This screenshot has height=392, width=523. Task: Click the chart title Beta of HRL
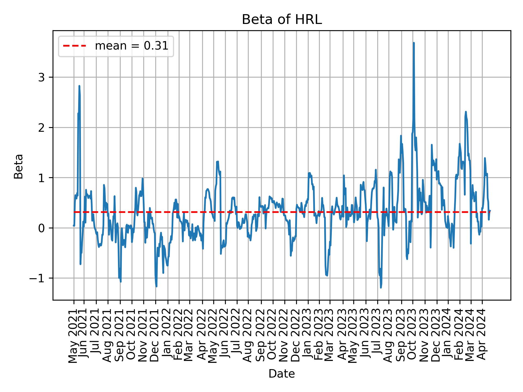pyautogui.click(x=282, y=20)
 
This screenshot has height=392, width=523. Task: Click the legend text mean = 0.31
pyautogui.click(x=131, y=46)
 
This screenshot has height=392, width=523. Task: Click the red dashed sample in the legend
pyautogui.click(x=75, y=46)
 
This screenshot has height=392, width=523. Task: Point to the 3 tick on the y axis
pyautogui.click(x=42, y=77)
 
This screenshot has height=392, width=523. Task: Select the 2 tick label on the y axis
pyautogui.click(x=42, y=128)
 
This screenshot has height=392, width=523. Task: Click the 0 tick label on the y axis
pyautogui.click(x=42, y=228)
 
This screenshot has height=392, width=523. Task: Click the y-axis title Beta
pyautogui.click(x=19, y=166)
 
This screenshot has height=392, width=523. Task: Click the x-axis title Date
pyautogui.click(x=282, y=374)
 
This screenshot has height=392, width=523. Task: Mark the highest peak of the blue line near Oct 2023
pyautogui.click(x=413, y=43)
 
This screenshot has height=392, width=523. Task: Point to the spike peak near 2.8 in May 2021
pyautogui.click(x=79, y=86)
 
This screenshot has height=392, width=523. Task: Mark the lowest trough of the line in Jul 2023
pyautogui.click(x=381, y=287)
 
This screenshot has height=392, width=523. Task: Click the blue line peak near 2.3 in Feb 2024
pyautogui.click(x=466, y=112)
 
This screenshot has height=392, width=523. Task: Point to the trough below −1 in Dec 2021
pyautogui.click(x=156, y=286)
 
